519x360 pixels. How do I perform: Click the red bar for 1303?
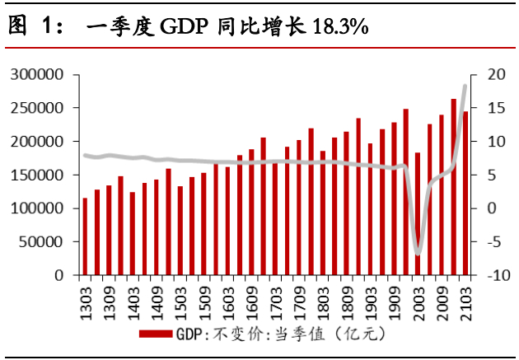tap(85, 236)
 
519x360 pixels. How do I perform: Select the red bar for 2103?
tap(465, 193)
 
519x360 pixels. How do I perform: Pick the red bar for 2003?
tap(418, 213)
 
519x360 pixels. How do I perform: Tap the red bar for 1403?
tap(133, 233)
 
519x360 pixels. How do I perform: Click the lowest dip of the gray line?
tap(418, 253)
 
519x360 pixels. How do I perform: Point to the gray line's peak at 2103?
tap(465, 86)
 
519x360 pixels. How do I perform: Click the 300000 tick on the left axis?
tap(38, 74)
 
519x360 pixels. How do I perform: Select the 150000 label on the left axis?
tap(38, 175)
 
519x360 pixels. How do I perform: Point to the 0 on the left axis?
tap(59, 275)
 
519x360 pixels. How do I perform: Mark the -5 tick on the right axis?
tap(492, 242)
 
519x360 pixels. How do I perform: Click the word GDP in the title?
tap(177, 27)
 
